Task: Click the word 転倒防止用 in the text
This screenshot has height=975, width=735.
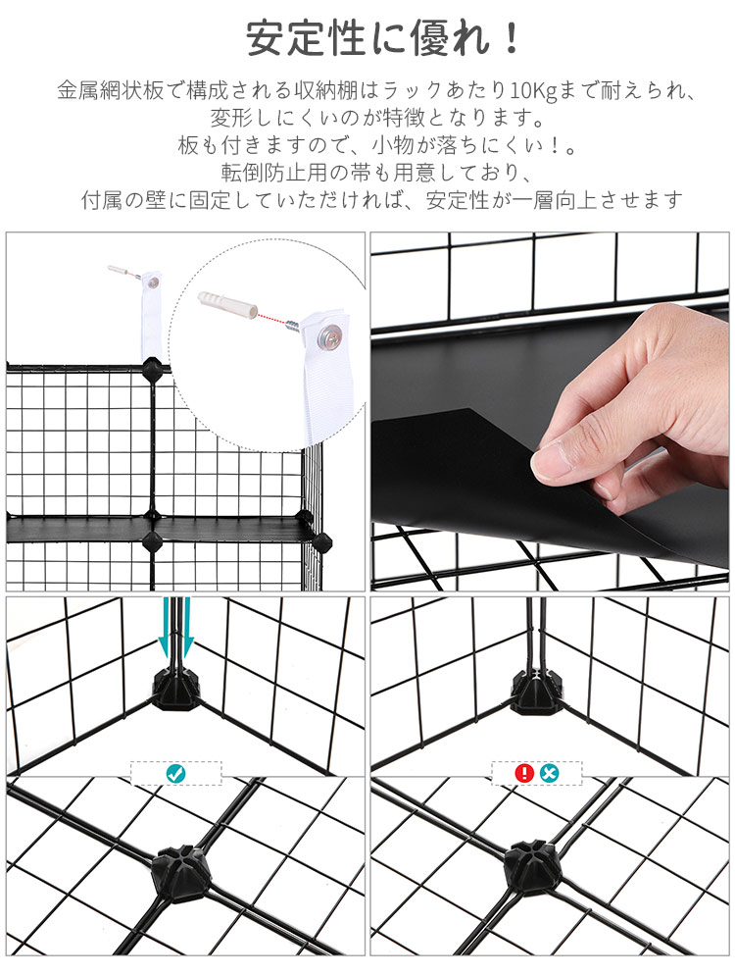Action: pos(276,174)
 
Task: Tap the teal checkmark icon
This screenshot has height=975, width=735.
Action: pos(176,773)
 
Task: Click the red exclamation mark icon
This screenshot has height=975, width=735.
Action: pos(524,773)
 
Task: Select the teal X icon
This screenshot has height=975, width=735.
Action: pos(550,773)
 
